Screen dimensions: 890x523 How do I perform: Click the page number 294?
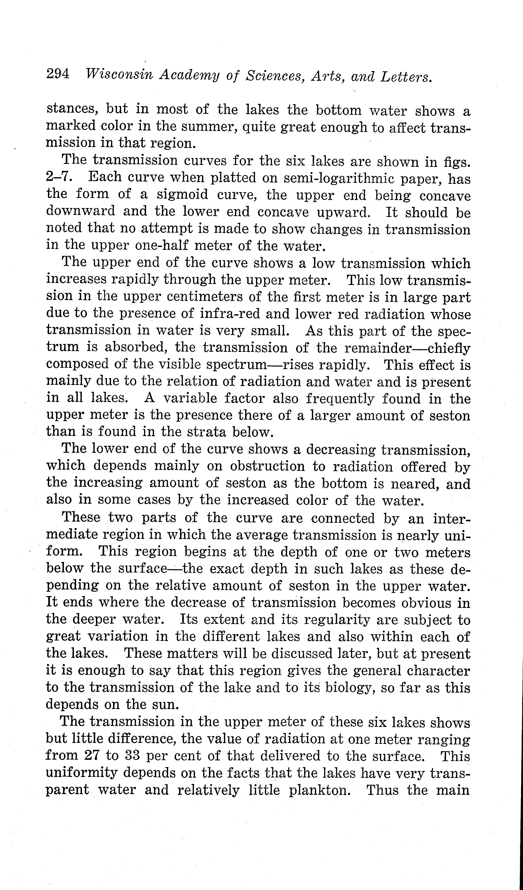[x=58, y=74]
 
